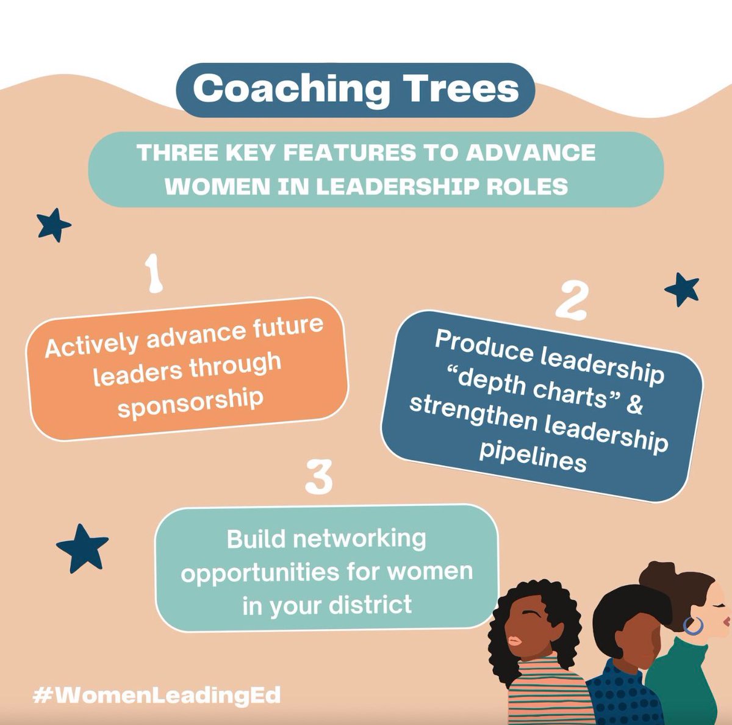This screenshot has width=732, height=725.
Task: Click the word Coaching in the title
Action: click(x=290, y=90)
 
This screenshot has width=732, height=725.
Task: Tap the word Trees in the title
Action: click(x=458, y=89)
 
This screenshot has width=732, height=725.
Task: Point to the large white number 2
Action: click(x=572, y=300)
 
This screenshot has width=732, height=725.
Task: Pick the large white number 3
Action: click(x=318, y=477)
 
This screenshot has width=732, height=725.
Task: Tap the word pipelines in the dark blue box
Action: click(x=533, y=457)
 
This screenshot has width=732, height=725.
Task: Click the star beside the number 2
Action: click(x=681, y=289)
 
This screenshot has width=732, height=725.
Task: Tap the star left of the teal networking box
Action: click(x=82, y=547)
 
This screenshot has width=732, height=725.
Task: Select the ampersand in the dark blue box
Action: click(x=634, y=405)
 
